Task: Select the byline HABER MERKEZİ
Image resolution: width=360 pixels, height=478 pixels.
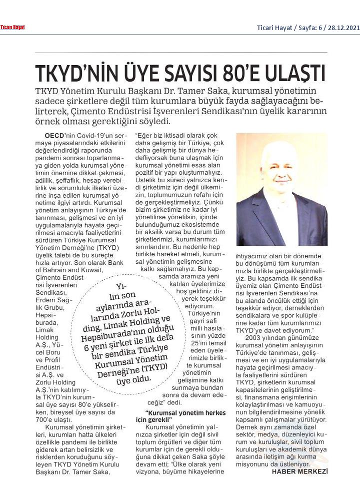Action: [x=299, y=471]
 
